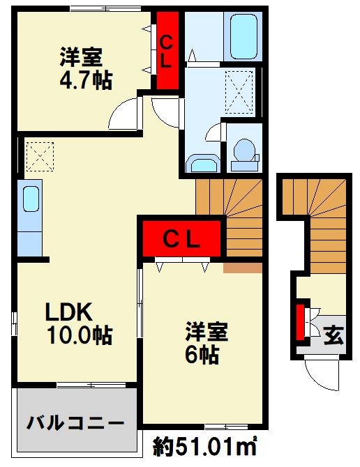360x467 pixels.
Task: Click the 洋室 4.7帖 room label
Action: point(84,66)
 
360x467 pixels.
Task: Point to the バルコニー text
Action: point(76,422)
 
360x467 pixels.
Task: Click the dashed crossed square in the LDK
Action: point(39,155)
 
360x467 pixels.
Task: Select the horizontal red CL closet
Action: point(183,239)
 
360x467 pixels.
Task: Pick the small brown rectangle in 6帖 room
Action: point(242,267)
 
